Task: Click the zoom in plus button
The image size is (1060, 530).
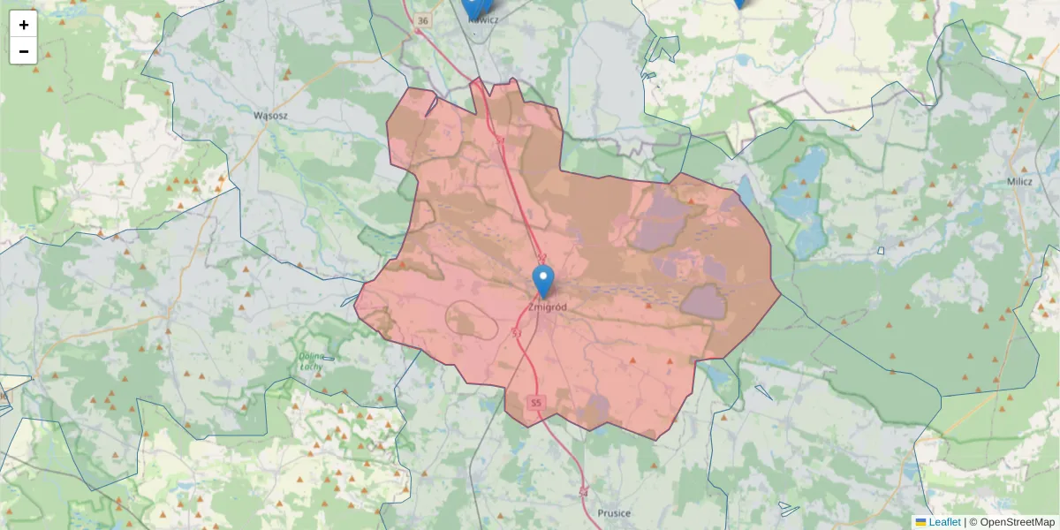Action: pos(24,25)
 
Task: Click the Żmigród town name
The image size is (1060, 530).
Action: pos(547,307)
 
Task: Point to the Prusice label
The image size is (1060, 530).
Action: pos(614,513)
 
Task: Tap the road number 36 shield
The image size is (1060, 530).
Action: pos(423,20)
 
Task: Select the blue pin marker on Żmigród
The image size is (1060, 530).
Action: pos(544,281)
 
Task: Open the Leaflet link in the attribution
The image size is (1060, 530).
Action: pos(944,522)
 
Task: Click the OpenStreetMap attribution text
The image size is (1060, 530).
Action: pos(1011,522)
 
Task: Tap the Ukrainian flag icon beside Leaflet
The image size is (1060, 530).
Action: pos(920,522)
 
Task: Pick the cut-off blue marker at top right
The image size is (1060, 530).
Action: pos(739,4)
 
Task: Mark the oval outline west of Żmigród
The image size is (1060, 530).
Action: pos(473,319)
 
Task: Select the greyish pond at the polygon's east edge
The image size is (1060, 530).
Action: pos(703,300)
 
